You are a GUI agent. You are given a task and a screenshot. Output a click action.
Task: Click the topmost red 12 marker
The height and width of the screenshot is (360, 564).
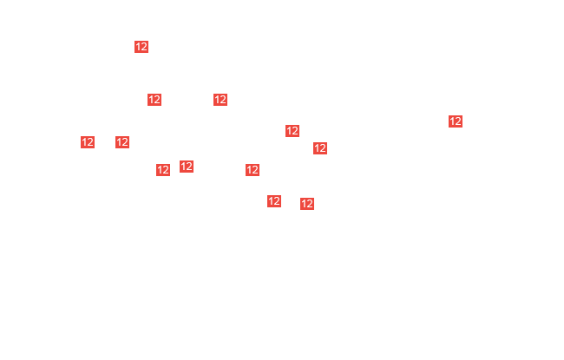(141, 47)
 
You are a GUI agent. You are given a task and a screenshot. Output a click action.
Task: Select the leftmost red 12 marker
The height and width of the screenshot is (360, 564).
(88, 142)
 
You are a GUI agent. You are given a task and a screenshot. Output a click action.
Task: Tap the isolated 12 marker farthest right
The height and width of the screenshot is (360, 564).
(456, 121)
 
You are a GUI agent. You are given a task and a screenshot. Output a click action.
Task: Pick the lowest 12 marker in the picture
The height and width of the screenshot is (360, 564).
(307, 204)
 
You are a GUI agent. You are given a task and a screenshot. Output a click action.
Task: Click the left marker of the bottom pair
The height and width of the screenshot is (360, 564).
(273, 201)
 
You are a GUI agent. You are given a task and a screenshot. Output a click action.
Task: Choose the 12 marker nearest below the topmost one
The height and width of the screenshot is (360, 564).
(154, 100)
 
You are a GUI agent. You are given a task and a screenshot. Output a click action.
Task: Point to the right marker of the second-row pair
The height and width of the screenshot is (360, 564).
(220, 100)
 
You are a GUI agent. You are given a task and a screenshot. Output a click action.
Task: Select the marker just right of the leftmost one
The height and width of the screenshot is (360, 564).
(122, 142)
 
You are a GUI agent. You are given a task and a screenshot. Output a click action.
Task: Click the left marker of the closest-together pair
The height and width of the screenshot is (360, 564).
(163, 170)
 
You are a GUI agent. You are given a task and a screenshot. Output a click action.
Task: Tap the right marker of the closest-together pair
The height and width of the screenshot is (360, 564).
(187, 167)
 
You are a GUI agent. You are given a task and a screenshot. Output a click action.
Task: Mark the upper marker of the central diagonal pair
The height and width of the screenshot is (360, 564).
(292, 131)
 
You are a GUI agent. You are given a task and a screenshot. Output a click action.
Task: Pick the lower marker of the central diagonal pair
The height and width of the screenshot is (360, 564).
(320, 148)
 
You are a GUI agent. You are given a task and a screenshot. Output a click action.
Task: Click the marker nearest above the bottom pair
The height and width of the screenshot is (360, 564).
(252, 170)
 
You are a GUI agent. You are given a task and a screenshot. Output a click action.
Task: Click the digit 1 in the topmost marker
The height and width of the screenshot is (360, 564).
(138, 47)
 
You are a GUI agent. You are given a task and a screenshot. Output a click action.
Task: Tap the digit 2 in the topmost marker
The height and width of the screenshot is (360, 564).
(144, 47)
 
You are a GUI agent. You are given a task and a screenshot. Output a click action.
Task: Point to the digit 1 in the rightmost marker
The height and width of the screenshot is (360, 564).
(452, 121)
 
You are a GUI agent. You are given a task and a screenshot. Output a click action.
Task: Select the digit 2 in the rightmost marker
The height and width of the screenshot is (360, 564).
(458, 121)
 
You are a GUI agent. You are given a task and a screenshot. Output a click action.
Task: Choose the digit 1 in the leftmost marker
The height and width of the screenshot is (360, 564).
(84, 142)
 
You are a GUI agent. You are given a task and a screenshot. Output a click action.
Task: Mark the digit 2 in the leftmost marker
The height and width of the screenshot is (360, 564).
(90, 142)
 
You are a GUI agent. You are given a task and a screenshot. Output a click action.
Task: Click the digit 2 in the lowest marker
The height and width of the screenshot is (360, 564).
(310, 204)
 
